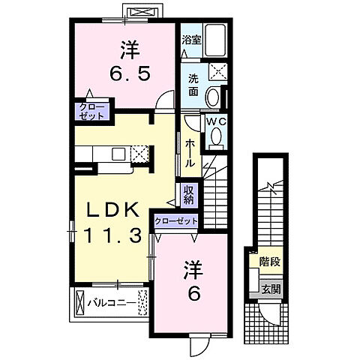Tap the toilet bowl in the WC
[x=217, y=135]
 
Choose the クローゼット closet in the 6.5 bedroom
[x=92, y=112]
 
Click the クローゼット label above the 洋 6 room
[x=177, y=221]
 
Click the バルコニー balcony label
[x=110, y=303]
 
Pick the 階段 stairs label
[x=270, y=262]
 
